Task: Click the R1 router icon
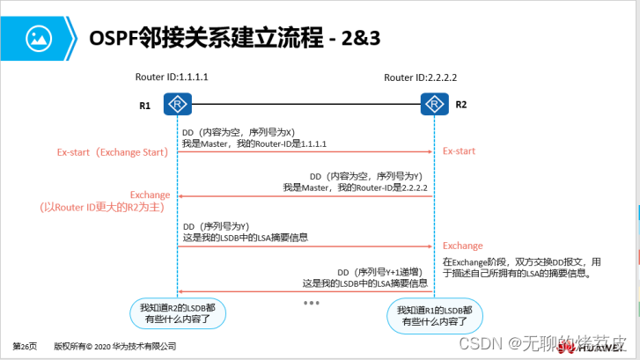[x=178, y=106]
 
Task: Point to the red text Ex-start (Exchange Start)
[x=112, y=151]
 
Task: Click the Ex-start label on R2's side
[x=459, y=151]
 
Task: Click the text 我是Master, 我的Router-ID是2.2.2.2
[x=355, y=187]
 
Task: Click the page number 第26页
[x=25, y=346]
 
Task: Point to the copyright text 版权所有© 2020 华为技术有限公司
[x=114, y=346]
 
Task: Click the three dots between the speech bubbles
[x=311, y=303]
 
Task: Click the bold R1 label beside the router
[x=145, y=107]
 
